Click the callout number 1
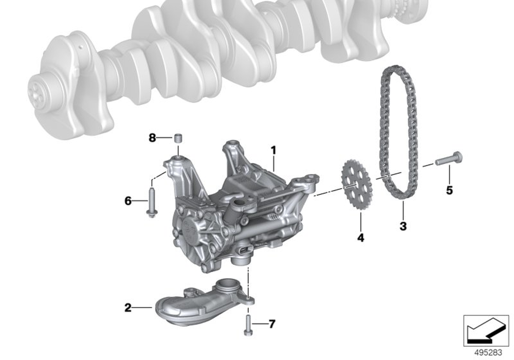[x=273, y=151]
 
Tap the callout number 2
[x=128, y=308]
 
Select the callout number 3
[x=403, y=226]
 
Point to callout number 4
[x=361, y=238]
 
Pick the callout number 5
[x=449, y=190]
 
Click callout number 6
[x=128, y=201]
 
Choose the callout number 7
[x=272, y=324]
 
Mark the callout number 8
[x=152, y=138]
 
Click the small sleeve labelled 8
[x=178, y=138]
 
